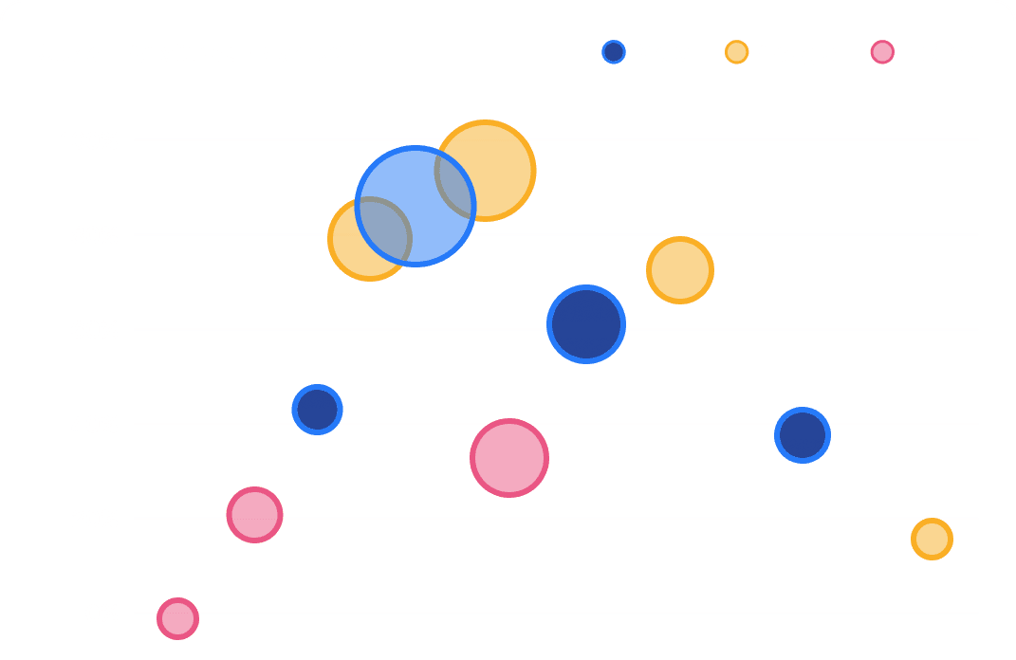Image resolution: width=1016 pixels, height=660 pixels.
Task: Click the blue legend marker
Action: pyautogui.click(x=614, y=52)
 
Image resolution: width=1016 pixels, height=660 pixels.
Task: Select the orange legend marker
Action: pyautogui.click(x=737, y=52)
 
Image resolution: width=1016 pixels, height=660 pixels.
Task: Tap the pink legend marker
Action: pyautogui.click(x=882, y=52)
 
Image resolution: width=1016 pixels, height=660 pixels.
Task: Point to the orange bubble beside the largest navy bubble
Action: pyautogui.click(x=680, y=270)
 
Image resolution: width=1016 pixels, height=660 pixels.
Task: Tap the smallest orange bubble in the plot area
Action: pyautogui.click(x=932, y=539)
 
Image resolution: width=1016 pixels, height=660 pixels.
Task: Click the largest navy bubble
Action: pyautogui.click(x=586, y=324)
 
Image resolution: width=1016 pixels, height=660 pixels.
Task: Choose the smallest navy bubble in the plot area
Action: pyautogui.click(x=317, y=410)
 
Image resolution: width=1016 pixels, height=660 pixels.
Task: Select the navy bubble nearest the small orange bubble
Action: pyautogui.click(x=803, y=435)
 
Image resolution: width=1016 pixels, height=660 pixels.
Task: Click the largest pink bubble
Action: pyautogui.click(x=509, y=458)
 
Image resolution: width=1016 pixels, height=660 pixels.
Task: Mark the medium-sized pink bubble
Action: pyautogui.click(x=254, y=515)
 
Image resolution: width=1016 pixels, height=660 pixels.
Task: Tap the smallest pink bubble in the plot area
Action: pyautogui.click(x=177, y=618)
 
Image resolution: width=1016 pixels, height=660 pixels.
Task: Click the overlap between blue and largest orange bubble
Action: pyautogui.click(x=455, y=185)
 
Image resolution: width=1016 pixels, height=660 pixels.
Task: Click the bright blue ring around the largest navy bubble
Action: pyautogui.click(x=586, y=288)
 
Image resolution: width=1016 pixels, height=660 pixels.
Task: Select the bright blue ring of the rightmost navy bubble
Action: pyautogui.click(x=803, y=410)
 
